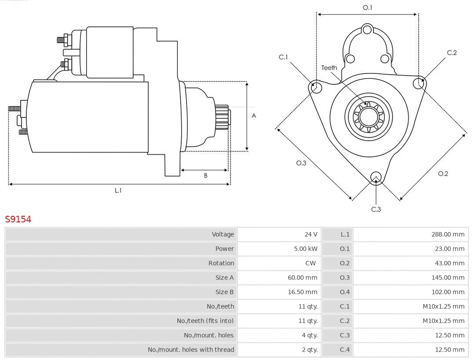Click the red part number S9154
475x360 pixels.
tap(18, 219)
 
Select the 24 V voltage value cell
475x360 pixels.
tap(311, 234)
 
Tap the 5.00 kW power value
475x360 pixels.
tap(306, 249)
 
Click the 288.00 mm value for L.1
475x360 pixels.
tap(448, 234)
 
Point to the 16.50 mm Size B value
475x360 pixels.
tap(305, 292)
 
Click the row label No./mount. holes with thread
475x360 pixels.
tap(191, 349)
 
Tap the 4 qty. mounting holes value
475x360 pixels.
tap(310, 335)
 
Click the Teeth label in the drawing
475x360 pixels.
tap(329, 68)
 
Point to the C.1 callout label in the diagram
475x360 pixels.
tap(283, 57)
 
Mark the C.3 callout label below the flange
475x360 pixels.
tap(376, 209)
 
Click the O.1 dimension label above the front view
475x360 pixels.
tap(367, 7)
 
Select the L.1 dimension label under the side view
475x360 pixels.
tap(118, 190)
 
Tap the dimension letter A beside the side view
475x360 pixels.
tap(254, 116)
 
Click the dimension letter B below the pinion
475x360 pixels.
tap(205, 175)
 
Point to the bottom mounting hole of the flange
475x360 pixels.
tap(376, 177)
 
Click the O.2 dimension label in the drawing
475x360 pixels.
tap(443, 174)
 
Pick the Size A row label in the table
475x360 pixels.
tap(224, 277)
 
